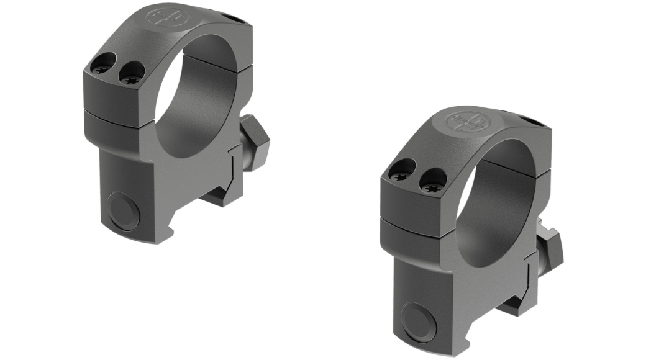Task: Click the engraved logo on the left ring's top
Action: pyautogui.click(x=167, y=17)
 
